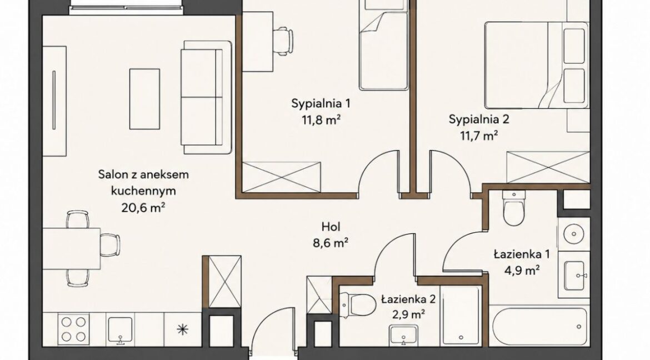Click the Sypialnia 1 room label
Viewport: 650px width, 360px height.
[x=321, y=103]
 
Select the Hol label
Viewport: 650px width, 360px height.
[x=331, y=227]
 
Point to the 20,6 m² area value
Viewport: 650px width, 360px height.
[x=143, y=207]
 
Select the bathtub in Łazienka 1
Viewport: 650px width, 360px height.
[x=538, y=326]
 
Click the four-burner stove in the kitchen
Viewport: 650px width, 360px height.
[x=73, y=329]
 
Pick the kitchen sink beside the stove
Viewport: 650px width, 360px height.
[x=120, y=330]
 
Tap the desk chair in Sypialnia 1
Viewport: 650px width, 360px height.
[x=284, y=41]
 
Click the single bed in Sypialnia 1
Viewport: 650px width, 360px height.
[x=384, y=46]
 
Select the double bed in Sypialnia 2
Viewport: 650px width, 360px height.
[x=537, y=64]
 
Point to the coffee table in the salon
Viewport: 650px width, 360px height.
[x=144, y=99]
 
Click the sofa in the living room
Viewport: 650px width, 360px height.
[x=206, y=97]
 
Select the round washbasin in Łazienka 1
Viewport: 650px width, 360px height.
[x=574, y=234]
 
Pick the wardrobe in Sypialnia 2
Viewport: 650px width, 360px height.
[x=548, y=167]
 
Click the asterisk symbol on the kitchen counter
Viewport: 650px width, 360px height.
[x=182, y=329]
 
